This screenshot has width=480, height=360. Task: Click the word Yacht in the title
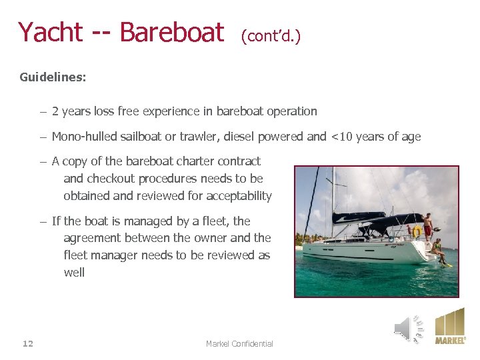point(50,32)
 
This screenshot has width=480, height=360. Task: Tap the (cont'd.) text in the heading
point(271,35)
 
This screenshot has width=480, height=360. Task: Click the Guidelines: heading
point(53,77)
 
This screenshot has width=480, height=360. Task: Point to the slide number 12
point(27,343)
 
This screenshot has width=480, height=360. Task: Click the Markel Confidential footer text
point(239,343)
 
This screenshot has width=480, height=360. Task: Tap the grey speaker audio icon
point(407,327)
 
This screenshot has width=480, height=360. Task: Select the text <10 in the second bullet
point(343,137)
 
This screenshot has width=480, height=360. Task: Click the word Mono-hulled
point(85,137)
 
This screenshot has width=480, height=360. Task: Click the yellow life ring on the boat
point(417,232)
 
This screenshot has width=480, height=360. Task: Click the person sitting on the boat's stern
point(438,249)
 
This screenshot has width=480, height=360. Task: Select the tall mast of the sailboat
point(332,193)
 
